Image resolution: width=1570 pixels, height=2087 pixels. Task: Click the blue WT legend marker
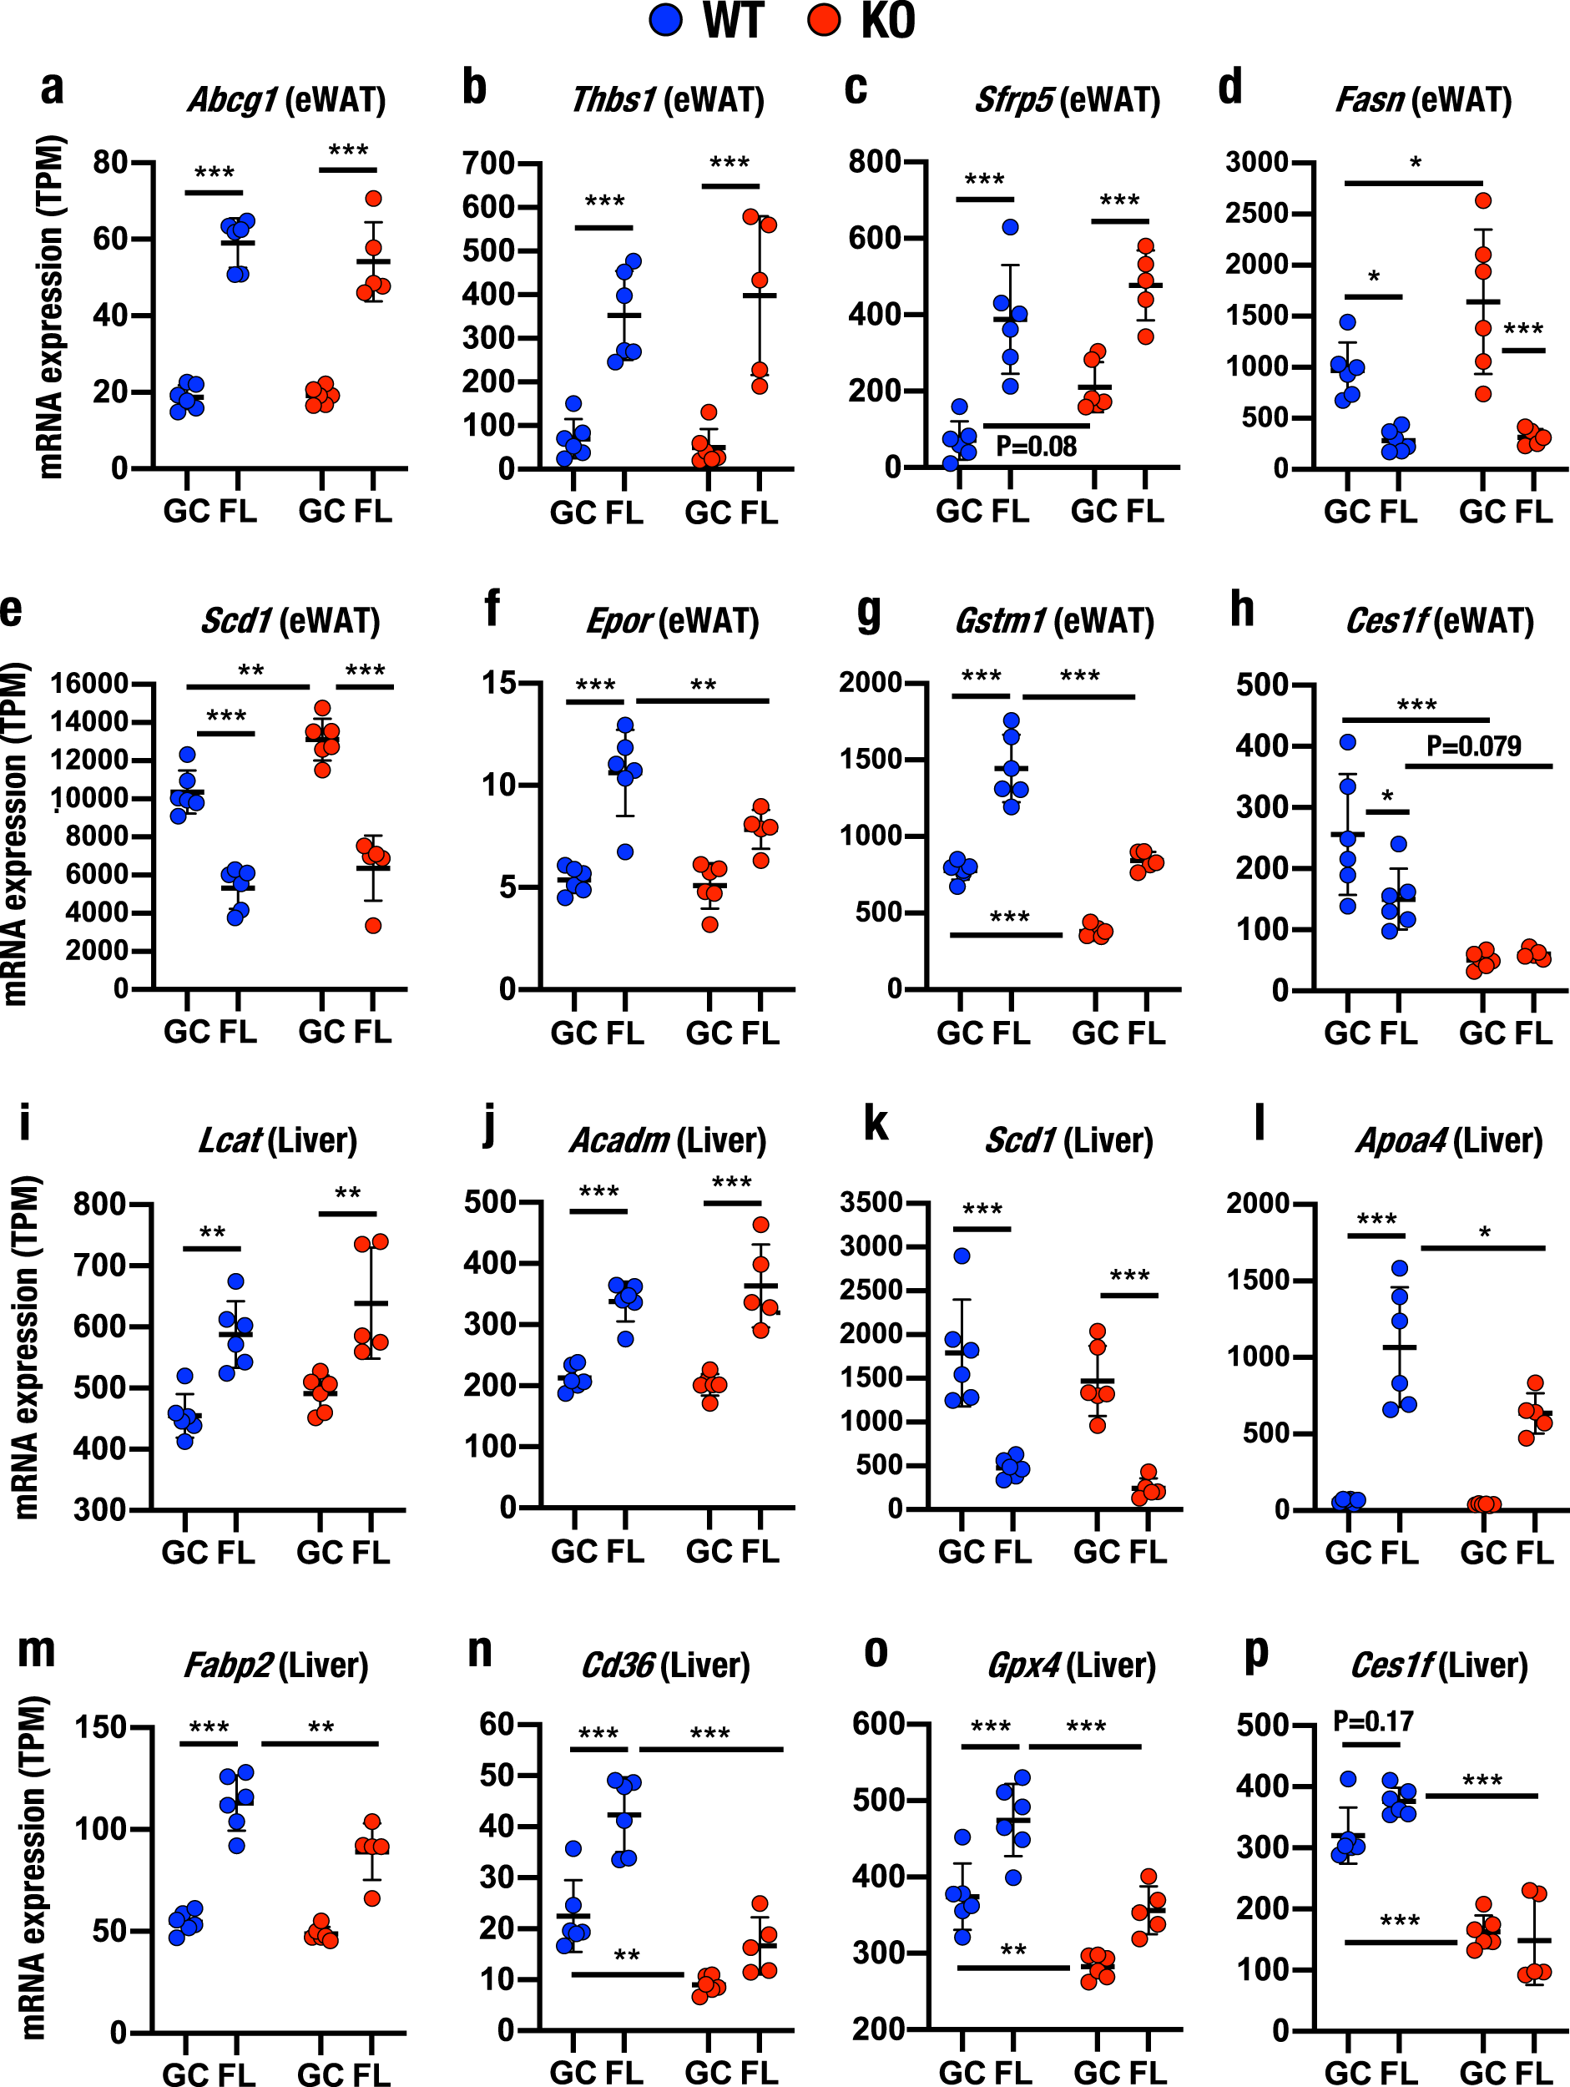[x=666, y=20]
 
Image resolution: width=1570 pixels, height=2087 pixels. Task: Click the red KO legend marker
[x=824, y=20]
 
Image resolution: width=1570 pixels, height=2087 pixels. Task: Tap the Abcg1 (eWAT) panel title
[x=287, y=99]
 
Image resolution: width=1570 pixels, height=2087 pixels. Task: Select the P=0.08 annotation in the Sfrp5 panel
[x=1036, y=447]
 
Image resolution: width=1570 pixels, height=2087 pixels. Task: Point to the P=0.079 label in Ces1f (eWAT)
[x=1474, y=746]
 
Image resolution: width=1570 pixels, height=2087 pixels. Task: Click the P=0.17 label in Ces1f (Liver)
[x=1373, y=1722]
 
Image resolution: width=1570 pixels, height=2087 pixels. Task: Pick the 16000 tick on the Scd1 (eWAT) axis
[x=88, y=683]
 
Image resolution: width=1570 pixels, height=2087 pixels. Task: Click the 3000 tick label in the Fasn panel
[x=1257, y=162]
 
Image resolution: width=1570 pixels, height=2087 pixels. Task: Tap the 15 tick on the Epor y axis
[x=499, y=682]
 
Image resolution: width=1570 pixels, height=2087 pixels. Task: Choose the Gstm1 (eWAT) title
[x=1054, y=621]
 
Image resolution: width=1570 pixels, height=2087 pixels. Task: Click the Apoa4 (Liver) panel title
[x=1449, y=1140]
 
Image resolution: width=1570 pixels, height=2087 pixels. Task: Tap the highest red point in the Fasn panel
[x=1483, y=200]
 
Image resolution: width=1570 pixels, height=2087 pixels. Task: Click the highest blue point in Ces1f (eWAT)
[x=1348, y=742]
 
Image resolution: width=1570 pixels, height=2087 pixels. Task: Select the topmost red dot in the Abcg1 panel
[x=374, y=198]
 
